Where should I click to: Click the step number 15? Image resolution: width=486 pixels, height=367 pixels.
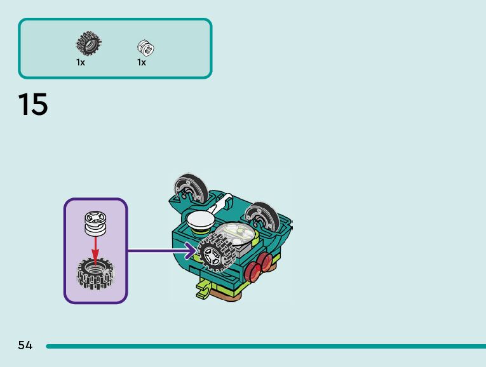point(32,104)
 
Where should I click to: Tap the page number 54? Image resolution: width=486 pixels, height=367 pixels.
point(25,345)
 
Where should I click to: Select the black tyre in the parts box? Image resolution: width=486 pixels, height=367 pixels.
point(88,44)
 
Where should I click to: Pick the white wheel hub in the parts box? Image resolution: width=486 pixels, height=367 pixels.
point(146,48)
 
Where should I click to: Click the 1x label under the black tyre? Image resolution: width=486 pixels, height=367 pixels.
point(81,62)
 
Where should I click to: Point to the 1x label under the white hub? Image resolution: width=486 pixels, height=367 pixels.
point(142,62)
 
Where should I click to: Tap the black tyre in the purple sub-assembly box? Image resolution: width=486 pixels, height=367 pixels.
point(95,274)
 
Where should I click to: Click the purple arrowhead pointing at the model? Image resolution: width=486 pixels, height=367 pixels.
point(190,251)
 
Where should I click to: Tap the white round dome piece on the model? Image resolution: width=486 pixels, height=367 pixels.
point(201,222)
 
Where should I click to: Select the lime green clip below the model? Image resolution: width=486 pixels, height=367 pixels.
point(203,291)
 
